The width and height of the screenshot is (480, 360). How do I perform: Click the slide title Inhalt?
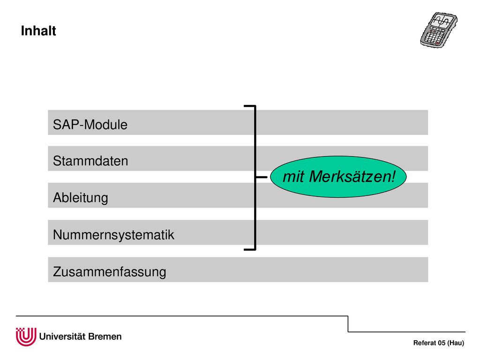pyautogui.click(x=38, y=30)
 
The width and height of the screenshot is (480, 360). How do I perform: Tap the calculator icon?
pyautogui.click(x=439, y=30)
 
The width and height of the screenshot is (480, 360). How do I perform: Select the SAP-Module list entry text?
pyautogui.click(x=90, y=125)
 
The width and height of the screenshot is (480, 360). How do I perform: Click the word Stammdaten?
pyautogui.click(x=90, y=161)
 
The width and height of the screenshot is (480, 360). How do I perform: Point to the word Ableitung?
pyautogui.click(x=81, y=198)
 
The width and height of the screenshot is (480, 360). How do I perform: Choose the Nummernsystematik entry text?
pyautogui.click(x=113, y=235)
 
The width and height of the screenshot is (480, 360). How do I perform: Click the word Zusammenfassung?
pyautogui.click(x=110, y=272)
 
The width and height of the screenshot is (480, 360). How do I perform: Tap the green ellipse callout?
pyautogui.click(x=338, y=177)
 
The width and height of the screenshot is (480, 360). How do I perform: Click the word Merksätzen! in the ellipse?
pyautogui.click(x=352, y=177)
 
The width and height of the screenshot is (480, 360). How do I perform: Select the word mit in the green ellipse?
pyautogui.click(x=293, y=177)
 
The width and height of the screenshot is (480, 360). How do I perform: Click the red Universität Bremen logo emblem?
pyautogui.click(x=26, y=337)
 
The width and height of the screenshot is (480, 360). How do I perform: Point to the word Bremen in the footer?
pyautogui.click(x=105, y=337)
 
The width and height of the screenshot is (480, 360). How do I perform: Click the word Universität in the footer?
pyautogui.click(x=62, y=337)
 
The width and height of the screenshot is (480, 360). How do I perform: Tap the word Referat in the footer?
pyautogui.click(x=425, y=343)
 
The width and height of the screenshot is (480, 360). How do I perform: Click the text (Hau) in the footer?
pyautogui.click(x=456, y=343)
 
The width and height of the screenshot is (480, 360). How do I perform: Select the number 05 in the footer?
pyautogui.click(x=442, y=343)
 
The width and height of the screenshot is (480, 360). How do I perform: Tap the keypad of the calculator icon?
pyautogui.click(x=434, y=37)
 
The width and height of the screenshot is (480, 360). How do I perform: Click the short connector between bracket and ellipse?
pyautogui.click(x=261, y=177)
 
